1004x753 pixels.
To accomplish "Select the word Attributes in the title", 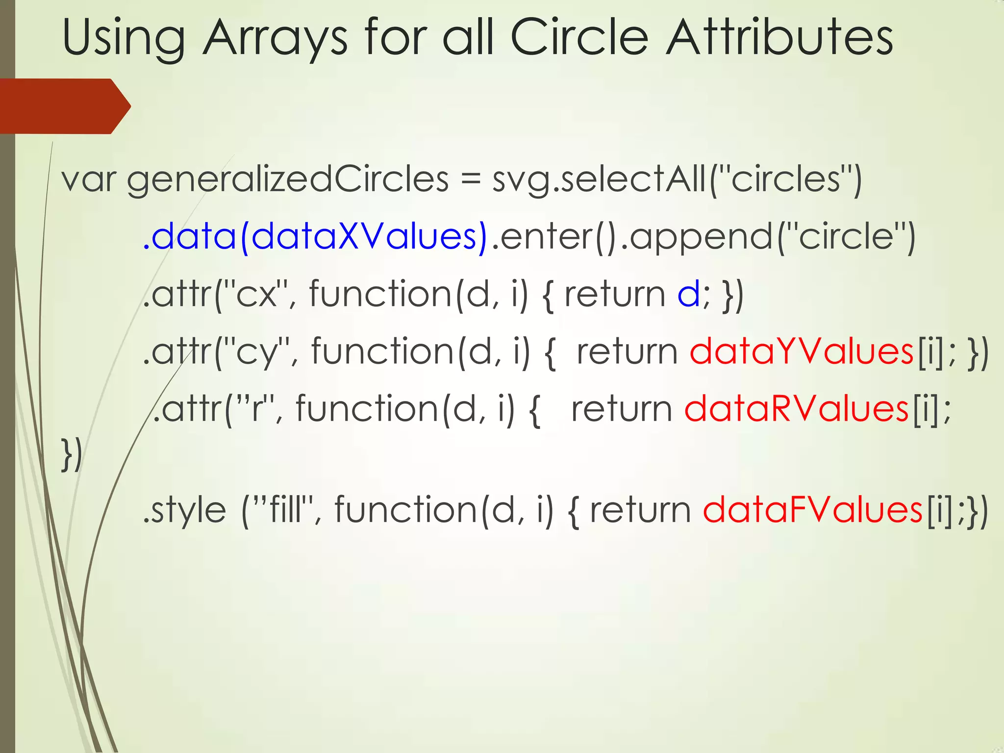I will coord(779,38).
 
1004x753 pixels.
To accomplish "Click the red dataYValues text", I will coord(802,351).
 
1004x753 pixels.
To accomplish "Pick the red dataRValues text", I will coord(797,409).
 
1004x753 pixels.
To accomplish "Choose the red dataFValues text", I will coord(813,510).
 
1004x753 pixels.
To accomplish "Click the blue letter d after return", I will coord(688,295).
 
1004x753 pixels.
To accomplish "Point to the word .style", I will coord(184,510).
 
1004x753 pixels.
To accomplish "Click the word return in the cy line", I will coord(627,352).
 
